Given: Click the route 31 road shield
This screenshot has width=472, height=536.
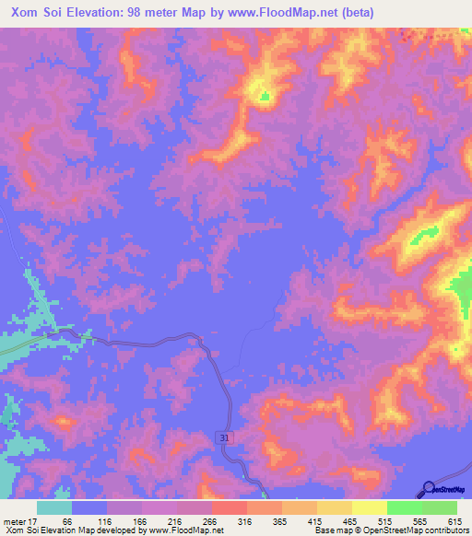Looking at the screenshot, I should tap(225, 438).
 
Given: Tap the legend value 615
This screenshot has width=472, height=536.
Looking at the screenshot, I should tap(452, 520).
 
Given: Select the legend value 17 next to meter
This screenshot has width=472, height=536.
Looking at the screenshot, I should tap(38, 520).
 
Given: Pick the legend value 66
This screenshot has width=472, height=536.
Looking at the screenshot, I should tap(67, 520).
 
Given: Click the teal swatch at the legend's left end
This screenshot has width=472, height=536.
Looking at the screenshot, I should tap(54, 507).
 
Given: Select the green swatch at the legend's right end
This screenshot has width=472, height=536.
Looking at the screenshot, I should tap(440, 507).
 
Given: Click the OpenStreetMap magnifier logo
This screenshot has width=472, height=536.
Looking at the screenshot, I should tap(429, 489).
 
